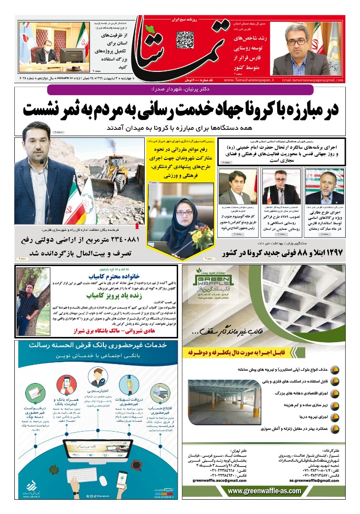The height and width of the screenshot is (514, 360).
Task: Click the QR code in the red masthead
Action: coord(185,40)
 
